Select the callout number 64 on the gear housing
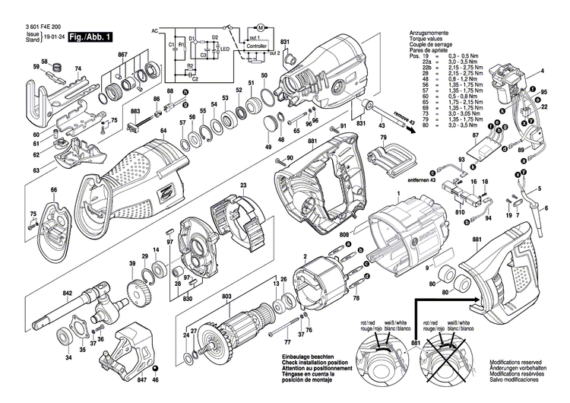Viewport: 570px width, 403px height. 163,131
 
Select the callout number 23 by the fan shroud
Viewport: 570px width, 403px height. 243,185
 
